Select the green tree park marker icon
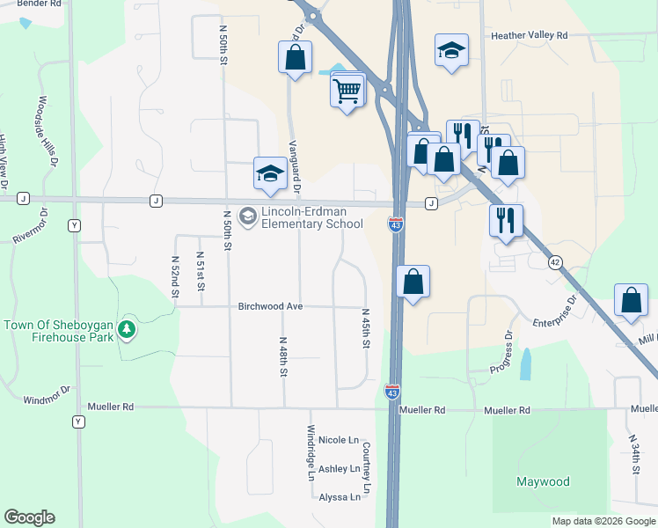tap(128, 329)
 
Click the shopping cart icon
tap(347, 89)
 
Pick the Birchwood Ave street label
tap(270, 306)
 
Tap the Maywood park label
tap(543, 481)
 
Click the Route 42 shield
tap(554, 261)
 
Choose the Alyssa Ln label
tap(340, 497)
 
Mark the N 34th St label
tap(634, 454)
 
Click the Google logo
tap(29, 517)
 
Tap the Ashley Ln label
tap(339, 469)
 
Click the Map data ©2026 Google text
tap(603, 521)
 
